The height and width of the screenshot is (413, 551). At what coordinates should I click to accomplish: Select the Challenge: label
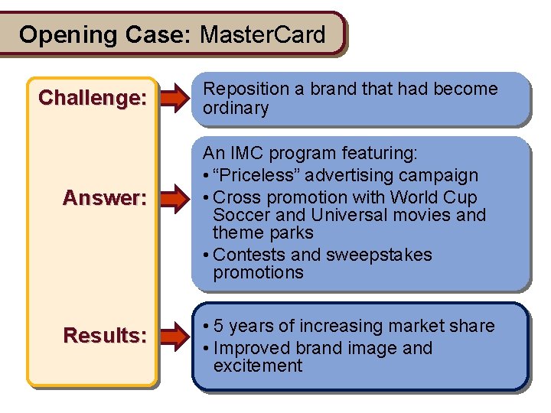pyautogui.click(x=93, y=98)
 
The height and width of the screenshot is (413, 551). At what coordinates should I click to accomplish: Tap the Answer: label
pyautogui.click(x=104, y=198)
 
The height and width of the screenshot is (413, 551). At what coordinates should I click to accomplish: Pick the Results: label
pyautogui.click(x=104, y=335)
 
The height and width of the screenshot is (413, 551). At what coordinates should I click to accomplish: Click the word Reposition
pyautogui.click(x=245, y=89)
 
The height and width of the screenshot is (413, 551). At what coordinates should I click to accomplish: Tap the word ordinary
pyautogui.click(x=235, y=108)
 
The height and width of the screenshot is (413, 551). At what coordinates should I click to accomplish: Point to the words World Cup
pyautogui.click(x=441, y=197)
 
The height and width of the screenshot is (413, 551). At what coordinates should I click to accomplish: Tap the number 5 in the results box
pyautogui.click(x=219, y=326)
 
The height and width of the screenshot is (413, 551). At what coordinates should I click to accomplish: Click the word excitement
pyautogui.click(x=258, y=366)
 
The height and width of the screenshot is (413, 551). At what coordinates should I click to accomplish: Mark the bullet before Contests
pyautogui.click(x=207, y=255)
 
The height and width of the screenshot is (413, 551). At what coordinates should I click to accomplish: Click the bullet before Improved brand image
pyautogui.click(x=207, y=348)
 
